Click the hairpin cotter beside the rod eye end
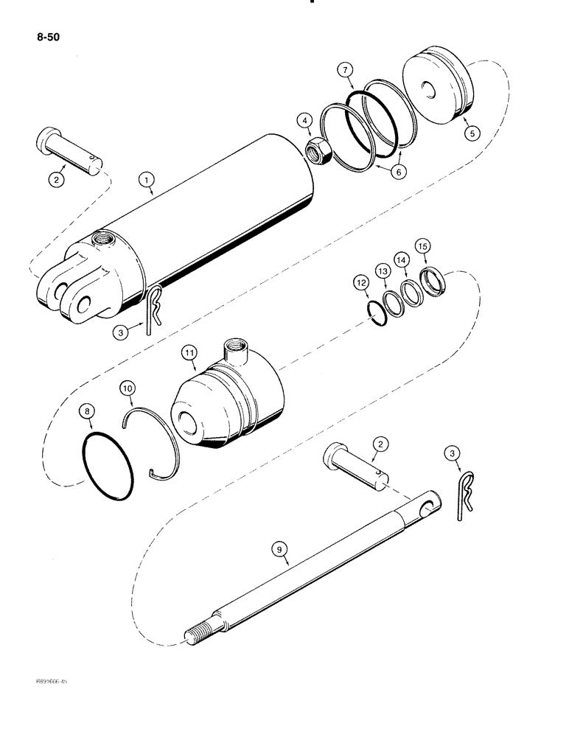tap(463, 494)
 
